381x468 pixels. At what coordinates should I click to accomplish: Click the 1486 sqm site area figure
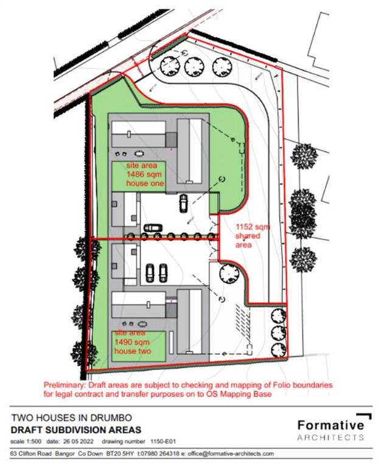pyautogui.click(x=144, y=174)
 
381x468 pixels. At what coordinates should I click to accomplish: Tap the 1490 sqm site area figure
pyautogui.click(x=132, y=342)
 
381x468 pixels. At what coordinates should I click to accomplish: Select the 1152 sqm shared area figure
pyautogui.click(x=253, y=227)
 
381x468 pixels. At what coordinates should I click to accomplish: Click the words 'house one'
pyautogui.click(x=145, y=183)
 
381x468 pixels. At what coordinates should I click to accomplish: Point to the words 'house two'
pyautogui.click(x=133, y=351)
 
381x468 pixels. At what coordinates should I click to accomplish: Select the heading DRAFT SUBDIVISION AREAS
pyautogui.click(x=76, y=430)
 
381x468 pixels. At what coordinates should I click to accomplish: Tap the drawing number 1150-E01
pyautogui.click(x=163, y=441)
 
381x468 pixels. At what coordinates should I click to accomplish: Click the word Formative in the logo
pyautogui.click(x=331, y=425)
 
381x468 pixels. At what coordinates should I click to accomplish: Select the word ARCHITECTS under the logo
pyautogui.click(x=330, y=438)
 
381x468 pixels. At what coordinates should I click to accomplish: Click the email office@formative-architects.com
pyautogui.click(x=231, y=453)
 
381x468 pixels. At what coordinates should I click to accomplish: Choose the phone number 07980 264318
pyautogui.click(x=160, y=453)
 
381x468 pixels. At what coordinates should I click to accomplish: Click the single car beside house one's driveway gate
pyautogui.click(x=184, y=204)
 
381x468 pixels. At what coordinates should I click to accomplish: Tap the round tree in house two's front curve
pyautogui.click(x=229, y=274)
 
